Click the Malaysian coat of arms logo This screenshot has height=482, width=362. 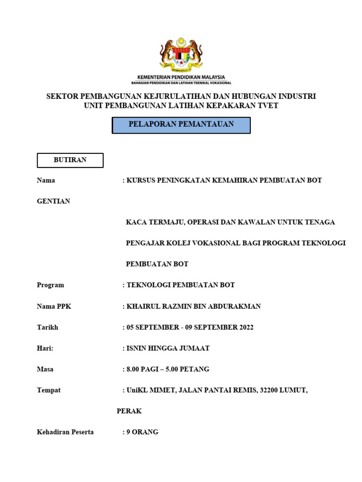click(181, 53)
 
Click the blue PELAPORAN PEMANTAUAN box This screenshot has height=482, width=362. click(181, 125)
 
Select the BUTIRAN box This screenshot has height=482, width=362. click(70, 160)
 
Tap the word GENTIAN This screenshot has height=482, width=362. click(53, 201)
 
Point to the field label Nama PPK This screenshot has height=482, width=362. click(54, 306)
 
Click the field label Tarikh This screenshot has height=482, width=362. click(48, 327)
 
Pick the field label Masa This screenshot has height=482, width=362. click(45, 369)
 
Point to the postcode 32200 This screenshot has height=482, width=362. click(270, 390)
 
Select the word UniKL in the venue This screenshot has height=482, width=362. click(137, 390)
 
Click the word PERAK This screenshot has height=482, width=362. click(129, 411)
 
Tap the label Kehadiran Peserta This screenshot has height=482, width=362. click(65, 432)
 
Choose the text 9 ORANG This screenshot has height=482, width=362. click(142, 432)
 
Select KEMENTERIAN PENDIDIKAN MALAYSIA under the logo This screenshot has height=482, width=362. click(181, 77)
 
